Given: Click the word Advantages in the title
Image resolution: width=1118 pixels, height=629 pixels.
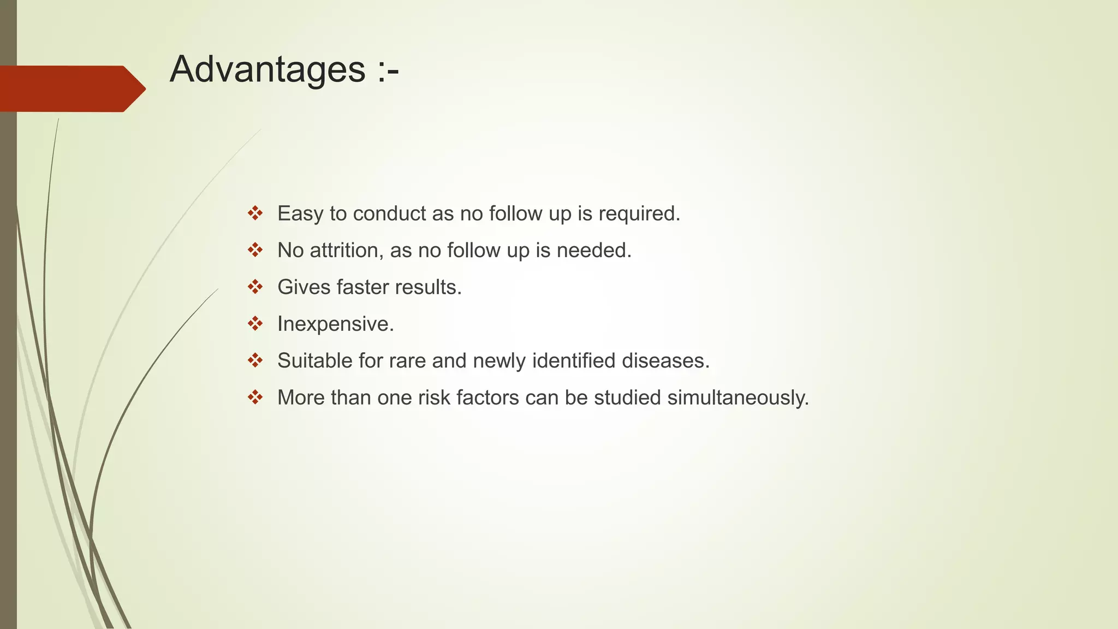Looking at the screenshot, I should click(267, 69).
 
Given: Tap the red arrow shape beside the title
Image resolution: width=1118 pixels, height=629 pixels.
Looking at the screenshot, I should click(71, 88).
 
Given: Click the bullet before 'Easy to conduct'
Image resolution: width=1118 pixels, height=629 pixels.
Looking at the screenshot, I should click(255, 213).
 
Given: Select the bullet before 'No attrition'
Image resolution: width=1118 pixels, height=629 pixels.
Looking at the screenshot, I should click(255, 250).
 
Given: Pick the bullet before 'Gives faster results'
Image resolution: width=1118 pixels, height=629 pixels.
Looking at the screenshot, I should click(255, 287).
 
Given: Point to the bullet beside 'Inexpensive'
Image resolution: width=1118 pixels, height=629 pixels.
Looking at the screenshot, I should click(255, 324).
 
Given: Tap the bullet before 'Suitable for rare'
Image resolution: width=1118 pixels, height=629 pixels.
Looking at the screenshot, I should click(255, 360).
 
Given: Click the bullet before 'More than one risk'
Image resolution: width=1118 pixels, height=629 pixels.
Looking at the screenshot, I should click(255, 397).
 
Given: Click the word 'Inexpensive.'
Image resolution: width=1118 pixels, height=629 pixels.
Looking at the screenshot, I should click(336, 324).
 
